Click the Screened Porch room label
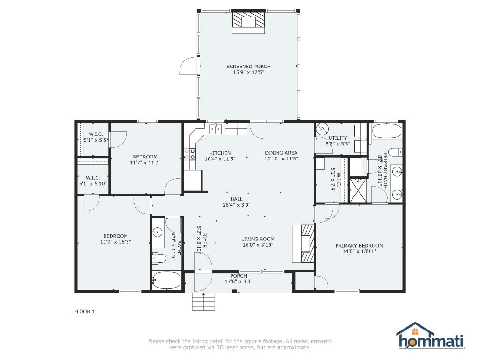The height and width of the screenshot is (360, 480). coord(248,67)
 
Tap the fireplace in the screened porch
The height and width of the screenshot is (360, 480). coord(248,22)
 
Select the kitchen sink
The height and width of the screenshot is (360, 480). coord(216,129)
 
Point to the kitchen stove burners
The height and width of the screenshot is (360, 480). coord(190,154)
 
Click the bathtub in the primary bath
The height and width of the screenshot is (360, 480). coord(387,131)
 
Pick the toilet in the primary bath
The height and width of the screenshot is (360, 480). coord(395,152)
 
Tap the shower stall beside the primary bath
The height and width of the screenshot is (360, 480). coord(358,190)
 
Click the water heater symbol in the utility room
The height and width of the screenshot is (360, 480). coord(322,129)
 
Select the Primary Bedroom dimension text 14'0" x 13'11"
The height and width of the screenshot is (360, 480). coord(359,251)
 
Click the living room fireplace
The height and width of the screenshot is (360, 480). coord(303,243)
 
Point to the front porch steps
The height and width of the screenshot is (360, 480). coord(203,302)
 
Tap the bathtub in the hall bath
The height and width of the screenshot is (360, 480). coord(167,281)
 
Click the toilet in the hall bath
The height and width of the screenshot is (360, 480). coord(159,259)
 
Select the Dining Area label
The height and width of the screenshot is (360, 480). coord(281,153)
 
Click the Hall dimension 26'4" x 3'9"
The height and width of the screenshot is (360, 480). coord(236,205)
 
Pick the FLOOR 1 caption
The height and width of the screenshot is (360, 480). coord(84,312)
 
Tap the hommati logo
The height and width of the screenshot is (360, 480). coord(431,336)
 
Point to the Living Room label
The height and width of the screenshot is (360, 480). coord(258,239)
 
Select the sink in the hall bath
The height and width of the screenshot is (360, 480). coord(157,232)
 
